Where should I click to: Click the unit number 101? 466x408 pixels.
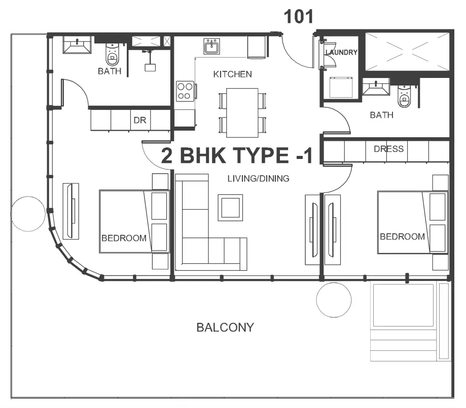[298, 17]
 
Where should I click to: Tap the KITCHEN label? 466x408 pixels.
[232, 74]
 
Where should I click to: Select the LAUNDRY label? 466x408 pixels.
[341, 53]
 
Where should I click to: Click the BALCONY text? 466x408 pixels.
[225, 328]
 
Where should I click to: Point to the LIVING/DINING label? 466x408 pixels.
[258, 179]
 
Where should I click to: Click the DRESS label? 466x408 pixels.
[389, 149]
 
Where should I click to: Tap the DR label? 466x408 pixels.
[139, 120]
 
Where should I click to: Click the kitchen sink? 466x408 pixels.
[211, 46]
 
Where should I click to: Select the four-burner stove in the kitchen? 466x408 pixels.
[185, 92]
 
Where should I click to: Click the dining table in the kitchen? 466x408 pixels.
[242, 113]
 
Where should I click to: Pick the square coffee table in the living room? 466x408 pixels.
[230, 208]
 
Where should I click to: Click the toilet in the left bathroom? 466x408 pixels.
[113, 54]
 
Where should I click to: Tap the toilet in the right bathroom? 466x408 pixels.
[404, 96]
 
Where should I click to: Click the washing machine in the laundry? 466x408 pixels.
[341, 87]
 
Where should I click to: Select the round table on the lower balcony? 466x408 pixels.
[334, 300]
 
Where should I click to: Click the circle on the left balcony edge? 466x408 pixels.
[28, 214]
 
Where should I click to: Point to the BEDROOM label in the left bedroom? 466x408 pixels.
[124, 238]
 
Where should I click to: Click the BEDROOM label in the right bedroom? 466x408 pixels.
[403, 236]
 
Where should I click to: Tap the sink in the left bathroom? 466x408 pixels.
[77, 45]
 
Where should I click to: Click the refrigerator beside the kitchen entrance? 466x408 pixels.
[256, 47]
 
